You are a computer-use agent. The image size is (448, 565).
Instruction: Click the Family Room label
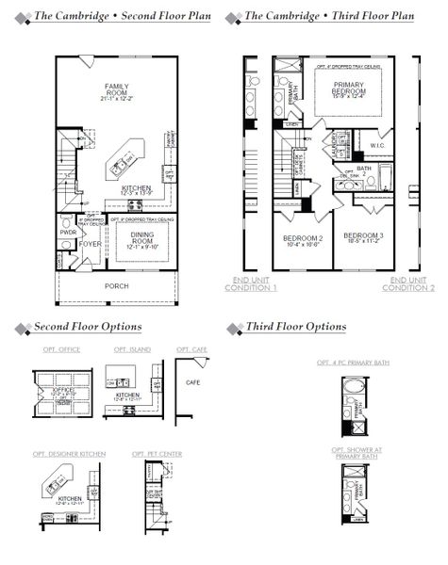tap(115, 91)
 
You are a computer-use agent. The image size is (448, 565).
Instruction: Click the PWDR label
tap(68, 232)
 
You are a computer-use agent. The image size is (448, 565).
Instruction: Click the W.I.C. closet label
tap(376, 146)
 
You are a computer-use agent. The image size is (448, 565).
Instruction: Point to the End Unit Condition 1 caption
tap(250, 284)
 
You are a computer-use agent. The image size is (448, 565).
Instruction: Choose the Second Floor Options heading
tap(88, 327)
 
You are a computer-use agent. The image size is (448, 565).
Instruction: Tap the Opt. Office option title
tap(61, 349)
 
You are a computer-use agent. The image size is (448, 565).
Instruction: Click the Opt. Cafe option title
tap(192, 349)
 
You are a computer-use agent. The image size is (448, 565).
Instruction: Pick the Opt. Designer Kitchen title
tap(74, 454)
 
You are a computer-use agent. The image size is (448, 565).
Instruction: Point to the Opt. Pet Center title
tap(158, 454)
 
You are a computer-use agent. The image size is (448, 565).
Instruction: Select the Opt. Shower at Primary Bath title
tap(356, 453)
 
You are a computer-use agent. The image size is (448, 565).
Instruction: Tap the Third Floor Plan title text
tap(328, 17)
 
